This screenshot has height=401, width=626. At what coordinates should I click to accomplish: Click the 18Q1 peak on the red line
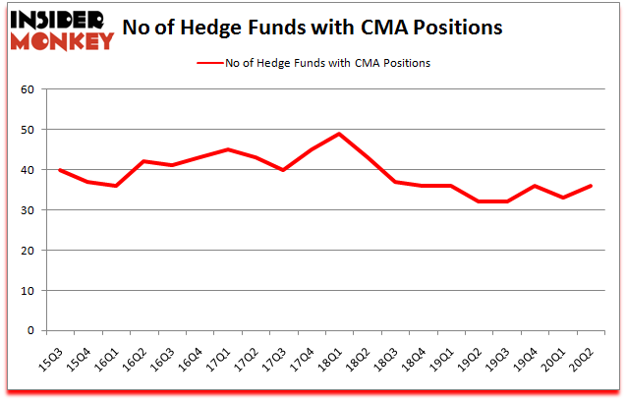click(x=339, y=134)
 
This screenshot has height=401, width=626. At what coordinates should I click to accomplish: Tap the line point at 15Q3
click(x=59, y=170)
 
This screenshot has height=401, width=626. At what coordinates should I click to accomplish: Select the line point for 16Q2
click(x=143, y=161)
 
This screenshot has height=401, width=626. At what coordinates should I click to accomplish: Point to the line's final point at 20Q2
click(x=591, y=186)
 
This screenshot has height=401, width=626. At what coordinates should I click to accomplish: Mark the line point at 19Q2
click(x=479, y=201)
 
